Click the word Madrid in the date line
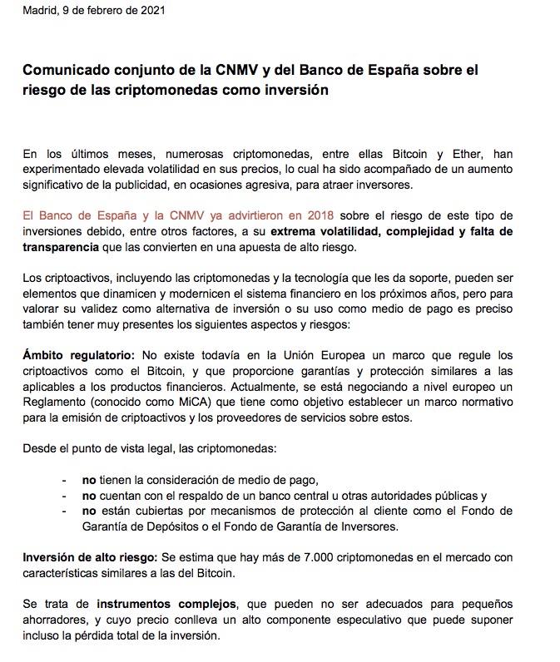pos(40,10)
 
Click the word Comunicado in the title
pos(63,71)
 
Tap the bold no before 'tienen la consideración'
pos(88,480)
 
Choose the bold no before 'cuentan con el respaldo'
pos(88,495)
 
